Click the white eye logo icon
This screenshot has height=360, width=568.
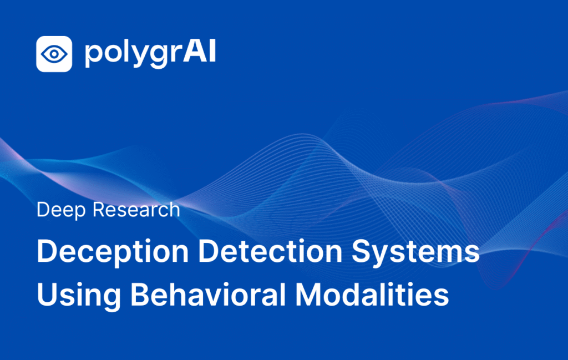(x=54, y=54)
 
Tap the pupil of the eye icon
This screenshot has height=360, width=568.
(x=54, y=54)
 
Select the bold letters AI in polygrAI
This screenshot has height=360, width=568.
(x=200, y=51)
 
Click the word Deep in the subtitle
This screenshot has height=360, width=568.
(x=61, y=210)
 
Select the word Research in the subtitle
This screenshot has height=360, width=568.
(x=136, y=209)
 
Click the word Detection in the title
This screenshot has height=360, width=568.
(x=270, y=251)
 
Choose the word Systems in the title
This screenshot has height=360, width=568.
(x=416, y=252)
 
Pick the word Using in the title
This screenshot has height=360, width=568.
(x=79, y=296)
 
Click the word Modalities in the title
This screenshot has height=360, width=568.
(x=372, y=295)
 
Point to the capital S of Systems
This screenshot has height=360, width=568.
(x=362, y=251)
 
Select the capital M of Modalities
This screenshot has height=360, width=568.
(x=309, y=295)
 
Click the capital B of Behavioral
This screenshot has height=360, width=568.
(x=140, y=295)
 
